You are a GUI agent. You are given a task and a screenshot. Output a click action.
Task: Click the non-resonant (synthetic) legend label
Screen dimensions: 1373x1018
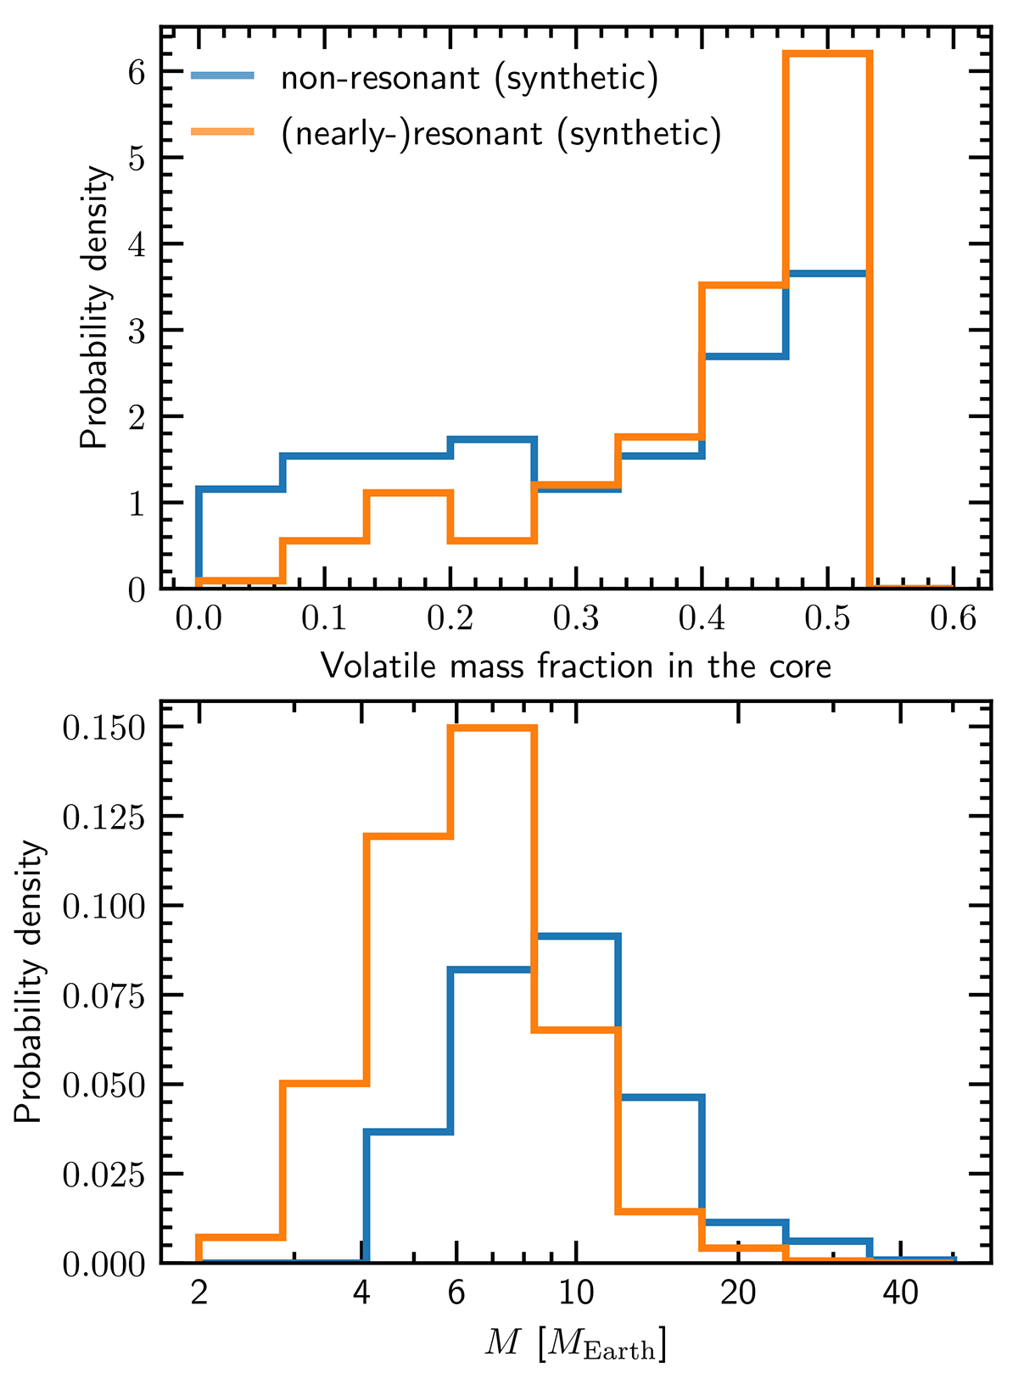pyautogui.click(x=469, y=78)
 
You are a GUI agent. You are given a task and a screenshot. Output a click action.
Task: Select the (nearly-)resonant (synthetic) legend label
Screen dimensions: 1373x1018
pyautogui.click(x=501, y=133)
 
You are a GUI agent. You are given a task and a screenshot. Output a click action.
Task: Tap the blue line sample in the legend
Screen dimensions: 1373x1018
pyautogui.click(x=222, y=77)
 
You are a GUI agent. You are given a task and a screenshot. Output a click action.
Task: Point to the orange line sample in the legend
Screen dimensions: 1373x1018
pyautogui.click(x=222, y=131)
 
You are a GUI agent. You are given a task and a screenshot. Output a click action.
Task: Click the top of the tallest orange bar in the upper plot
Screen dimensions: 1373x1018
pyautogui.click(x=827, y=54)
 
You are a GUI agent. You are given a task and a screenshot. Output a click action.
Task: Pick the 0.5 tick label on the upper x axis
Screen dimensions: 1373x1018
pyautogui.click(x=827, y=618)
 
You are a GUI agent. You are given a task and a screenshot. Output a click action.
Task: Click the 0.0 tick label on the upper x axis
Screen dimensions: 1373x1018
pyautogui.click(x=199, y=618)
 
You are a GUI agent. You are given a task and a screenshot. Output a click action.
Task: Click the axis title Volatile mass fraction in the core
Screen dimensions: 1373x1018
pyautogui.click(x=576, y=667)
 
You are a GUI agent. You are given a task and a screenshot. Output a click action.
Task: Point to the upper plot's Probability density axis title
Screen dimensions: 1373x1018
pyautogui.click(x=95, y=307)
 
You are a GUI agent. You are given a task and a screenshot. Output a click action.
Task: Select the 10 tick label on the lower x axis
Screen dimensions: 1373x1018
pyautogui.click(x=576, y=1293)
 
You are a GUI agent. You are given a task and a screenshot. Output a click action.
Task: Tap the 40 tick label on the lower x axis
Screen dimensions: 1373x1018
pyautogui.click(x=901, y=1293)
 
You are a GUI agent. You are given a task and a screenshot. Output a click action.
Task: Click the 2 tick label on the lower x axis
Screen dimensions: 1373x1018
pyautogui.click(x=199, y=1293)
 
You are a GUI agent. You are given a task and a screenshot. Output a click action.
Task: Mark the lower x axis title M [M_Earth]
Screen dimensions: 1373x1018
pyautogui.click(x=576, y=1342)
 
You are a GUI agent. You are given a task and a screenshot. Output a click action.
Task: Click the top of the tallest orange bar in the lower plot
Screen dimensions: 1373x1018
pyautogui.click(x=493, y=728)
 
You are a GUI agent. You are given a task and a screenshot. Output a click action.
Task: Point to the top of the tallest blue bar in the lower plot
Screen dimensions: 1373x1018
pyautogui.click(x=576, y=935)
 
